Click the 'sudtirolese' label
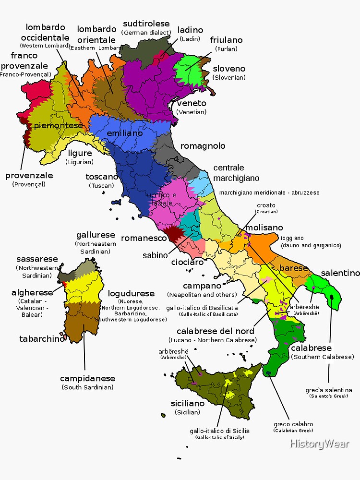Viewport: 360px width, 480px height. (146, 24)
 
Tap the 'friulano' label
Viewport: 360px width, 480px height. (226, 40)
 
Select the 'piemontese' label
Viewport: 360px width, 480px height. (58, 126)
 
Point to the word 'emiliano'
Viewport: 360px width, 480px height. (125, 133)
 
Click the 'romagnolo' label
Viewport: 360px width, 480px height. (203, 146)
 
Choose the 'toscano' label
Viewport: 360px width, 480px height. (102, 177)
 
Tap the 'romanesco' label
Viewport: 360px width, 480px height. (144, 238)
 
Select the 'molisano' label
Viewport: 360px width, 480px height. (264, 228)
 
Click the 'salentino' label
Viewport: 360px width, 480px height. (340, 273)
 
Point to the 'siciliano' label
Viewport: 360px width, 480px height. (188, 403)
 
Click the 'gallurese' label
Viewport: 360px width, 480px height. (96, 235)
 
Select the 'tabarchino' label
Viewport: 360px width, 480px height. (42, 339)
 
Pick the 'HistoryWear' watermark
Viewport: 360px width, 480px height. (319, 444)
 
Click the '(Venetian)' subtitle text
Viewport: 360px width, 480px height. (192, 112)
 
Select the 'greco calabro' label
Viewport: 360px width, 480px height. (293, 424)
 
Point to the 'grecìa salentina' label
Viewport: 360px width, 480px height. (329, 390)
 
